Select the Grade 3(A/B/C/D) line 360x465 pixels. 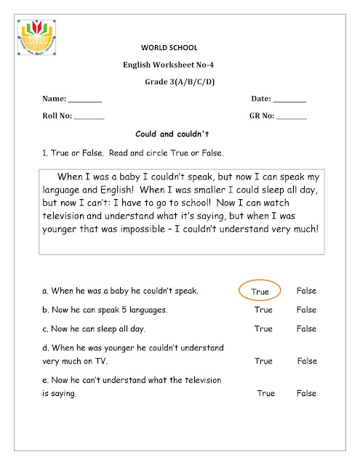coord(180,81)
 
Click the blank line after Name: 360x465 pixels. coord(85,100)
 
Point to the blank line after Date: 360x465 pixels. coord(290,100)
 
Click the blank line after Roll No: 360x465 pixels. coord(89,116)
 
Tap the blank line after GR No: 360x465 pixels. coord(291,116)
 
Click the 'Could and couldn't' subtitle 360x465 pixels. coord(172,134)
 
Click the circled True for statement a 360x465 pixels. coord(260,291)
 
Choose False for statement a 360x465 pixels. coord(306,291)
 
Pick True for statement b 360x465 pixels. coord(263,310)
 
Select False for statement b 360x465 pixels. coord(306,310)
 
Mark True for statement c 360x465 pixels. coord(263,329)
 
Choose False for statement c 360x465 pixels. coord(306,329)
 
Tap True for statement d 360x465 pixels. coord(263,361)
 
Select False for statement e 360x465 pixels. coord(306,393)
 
